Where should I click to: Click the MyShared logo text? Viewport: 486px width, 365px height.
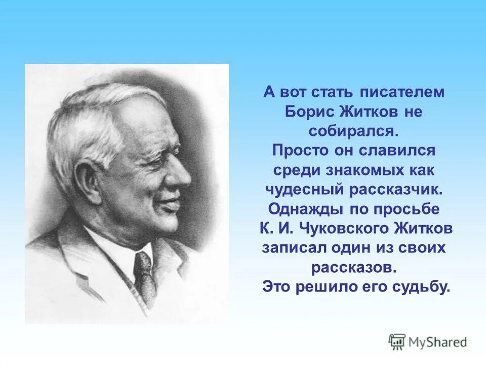438,342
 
